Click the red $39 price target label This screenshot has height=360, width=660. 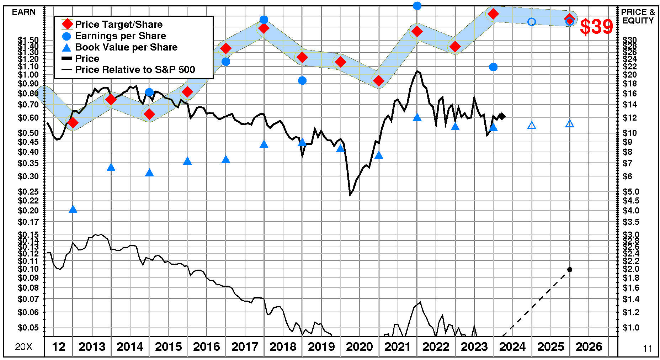pos(596,27)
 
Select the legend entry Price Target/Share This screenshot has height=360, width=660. pos(118,24)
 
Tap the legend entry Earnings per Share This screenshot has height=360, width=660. pos(120,36)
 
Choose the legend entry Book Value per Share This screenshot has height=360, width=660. pos(126,47)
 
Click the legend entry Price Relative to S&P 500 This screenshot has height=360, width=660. pos(135,69)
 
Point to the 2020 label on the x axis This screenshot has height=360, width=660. pos(359,346)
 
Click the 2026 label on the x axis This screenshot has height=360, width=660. pos(589,346)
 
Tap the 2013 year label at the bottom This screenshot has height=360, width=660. pos(92,346)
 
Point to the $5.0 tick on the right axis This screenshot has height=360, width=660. pos(631,192)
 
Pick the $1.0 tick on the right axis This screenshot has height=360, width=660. pos(631,328)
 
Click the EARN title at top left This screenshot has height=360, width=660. pos(24,12)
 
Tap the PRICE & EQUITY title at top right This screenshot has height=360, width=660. pos(638,16)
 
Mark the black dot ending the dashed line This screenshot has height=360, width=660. pos(570,270)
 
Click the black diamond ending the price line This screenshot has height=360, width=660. pos(502,116)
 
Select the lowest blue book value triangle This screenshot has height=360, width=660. pos(73,209)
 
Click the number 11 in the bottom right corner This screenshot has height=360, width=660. pos(648,349)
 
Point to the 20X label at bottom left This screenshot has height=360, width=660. pos(24,347)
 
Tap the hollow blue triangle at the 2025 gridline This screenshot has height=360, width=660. pos(532,126)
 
